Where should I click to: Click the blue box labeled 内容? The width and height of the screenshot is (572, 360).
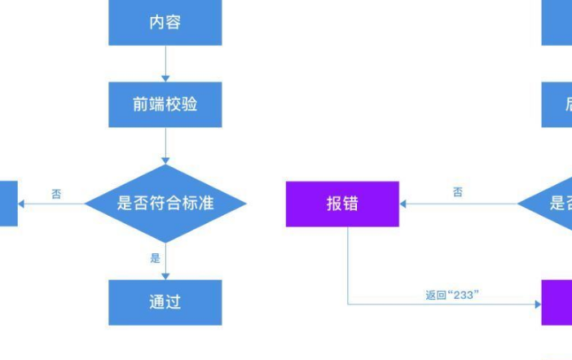pyautogui.click(x=165, y=23)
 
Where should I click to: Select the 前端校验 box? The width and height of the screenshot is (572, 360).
pyautogui.click(x=165, y=104)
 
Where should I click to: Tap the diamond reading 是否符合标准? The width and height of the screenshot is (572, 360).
pyautogui.click(x=165, y=203)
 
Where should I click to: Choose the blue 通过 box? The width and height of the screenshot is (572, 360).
pyautogui.click(x=165, y=302)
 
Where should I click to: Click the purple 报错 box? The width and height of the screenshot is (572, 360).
pyautogui.click(x=342, y=204)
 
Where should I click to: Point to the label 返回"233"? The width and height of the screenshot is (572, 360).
pyautogui.click(x=451, y=295)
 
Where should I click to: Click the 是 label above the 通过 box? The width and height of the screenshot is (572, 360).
pyautogui.click(x=155, y=258)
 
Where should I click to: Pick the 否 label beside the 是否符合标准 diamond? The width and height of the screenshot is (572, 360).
pyautogui.click(x=56, y=194)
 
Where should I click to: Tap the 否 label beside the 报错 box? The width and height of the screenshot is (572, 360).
pyautogui.click(x=458, y=192)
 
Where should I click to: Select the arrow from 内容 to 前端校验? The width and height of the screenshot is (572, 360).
pyautogui.click(x=165, y=64)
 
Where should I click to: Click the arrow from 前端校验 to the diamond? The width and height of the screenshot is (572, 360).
pyautogui.click(x=165, y=146)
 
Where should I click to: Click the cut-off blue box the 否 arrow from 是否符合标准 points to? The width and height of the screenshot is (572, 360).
pyautogui.click(x=8, y=203)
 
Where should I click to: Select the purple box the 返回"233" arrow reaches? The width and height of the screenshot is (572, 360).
pyautogui.click(x=557, y=302)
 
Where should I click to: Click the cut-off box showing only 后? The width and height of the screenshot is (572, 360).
pyautogui.click(x=557, y=104)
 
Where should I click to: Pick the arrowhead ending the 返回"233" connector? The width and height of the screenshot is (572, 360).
pyautogui.click(x=537, y=305)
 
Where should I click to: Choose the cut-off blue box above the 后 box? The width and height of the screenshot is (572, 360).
pyautogui.click(x=557, y=23)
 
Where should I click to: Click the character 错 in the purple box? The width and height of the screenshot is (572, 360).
pyautogui.click(x=351, y=204)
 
